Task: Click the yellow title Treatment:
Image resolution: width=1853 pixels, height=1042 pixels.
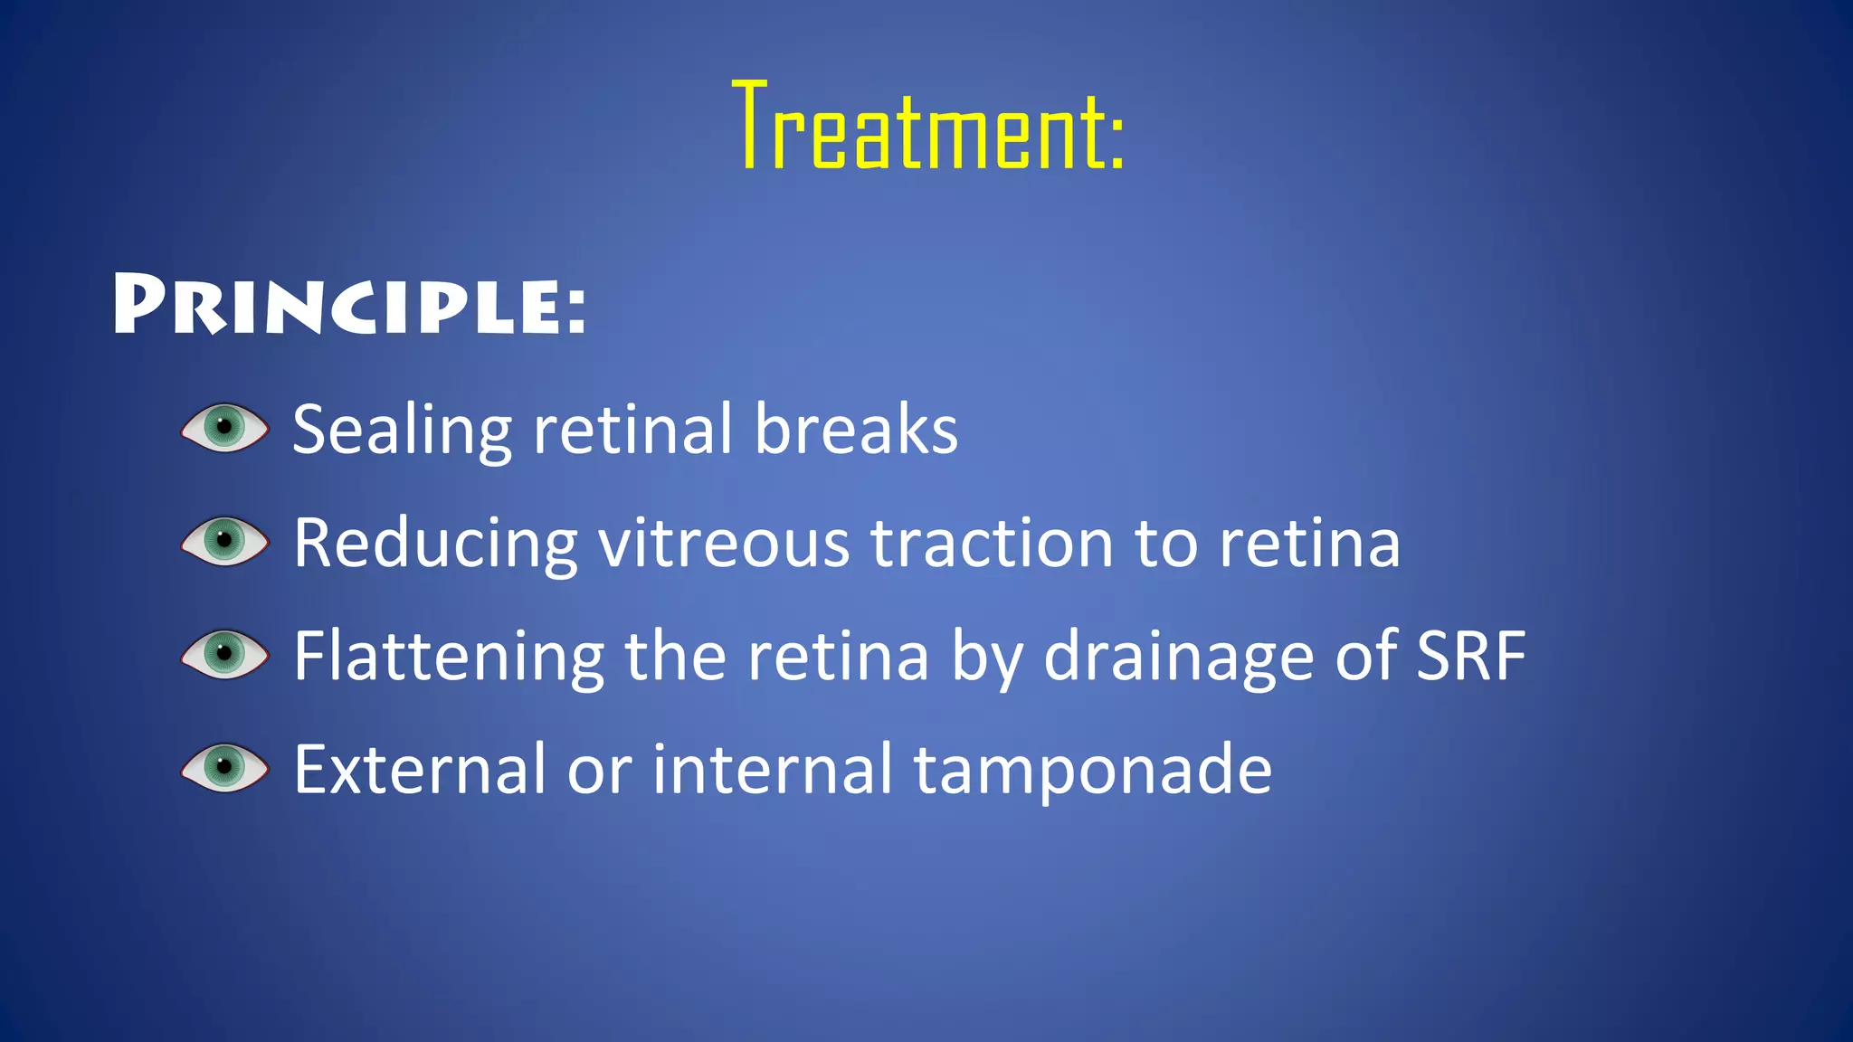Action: (927, 127)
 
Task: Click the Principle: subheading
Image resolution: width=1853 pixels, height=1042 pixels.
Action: (350, 305)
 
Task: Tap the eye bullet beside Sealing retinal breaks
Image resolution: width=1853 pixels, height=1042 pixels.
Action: (224, 427)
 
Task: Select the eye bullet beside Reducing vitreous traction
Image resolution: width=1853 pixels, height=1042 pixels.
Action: (224, 541)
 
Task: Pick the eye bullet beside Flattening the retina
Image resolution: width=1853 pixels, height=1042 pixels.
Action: (224, 654)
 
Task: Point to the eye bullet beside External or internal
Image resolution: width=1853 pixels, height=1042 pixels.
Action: (224, 767)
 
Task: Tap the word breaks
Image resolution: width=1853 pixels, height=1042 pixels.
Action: (856, 429)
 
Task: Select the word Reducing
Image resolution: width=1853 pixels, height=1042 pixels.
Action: (435, 545)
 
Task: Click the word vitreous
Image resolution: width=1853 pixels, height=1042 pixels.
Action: (724, 543)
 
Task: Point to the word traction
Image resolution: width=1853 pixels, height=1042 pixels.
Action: (992, 543)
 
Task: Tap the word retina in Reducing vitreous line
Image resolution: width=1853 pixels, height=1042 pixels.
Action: (1309, 543)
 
